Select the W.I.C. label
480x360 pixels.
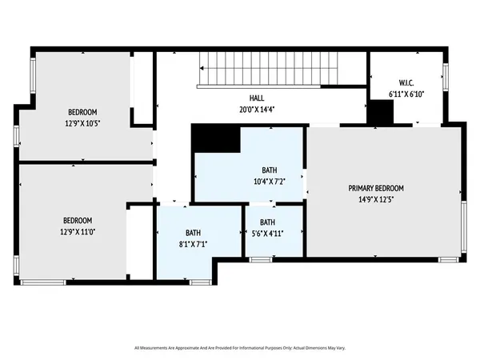[x=406, y=82]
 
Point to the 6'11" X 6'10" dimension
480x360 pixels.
[x=406, y=93]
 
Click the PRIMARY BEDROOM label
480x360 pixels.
[x=375, y=188]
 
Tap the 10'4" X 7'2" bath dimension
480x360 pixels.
[x=268, y=181]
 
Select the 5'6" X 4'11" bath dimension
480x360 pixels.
[x=267, y=233]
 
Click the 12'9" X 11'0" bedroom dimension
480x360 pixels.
[x=78, y=231]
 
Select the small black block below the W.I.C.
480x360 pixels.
[x=379, y=113]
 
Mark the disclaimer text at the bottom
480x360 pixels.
[x=240, y=348]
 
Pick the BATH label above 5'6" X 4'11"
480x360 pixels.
[x=267, y=222]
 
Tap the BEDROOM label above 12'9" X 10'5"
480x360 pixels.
[x=83, y=112]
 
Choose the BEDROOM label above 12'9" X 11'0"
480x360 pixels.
[x=78, y=221]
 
